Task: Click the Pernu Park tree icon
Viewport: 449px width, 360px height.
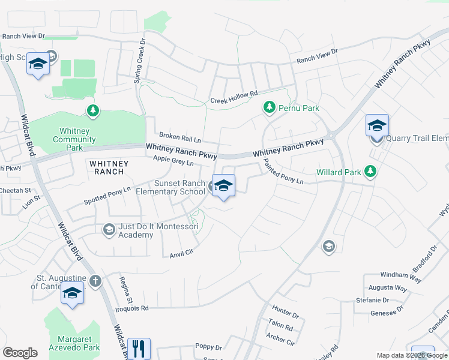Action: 270,107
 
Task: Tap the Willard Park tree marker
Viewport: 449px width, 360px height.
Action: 370,172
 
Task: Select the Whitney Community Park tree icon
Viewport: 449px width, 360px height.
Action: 92,110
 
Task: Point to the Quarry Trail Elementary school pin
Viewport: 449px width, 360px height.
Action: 377,126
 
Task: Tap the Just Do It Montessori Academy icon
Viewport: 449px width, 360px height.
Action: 109,229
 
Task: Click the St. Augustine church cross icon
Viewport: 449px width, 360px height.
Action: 95,281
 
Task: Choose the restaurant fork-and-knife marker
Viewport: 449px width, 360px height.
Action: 139,347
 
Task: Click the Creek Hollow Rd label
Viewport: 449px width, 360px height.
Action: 234,97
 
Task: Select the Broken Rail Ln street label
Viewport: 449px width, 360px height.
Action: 179,137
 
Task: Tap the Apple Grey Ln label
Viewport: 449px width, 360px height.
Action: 173,160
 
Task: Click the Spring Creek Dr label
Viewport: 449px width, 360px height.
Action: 142,62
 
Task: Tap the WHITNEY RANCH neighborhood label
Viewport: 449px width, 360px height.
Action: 106,167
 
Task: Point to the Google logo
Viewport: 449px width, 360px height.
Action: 20,353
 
